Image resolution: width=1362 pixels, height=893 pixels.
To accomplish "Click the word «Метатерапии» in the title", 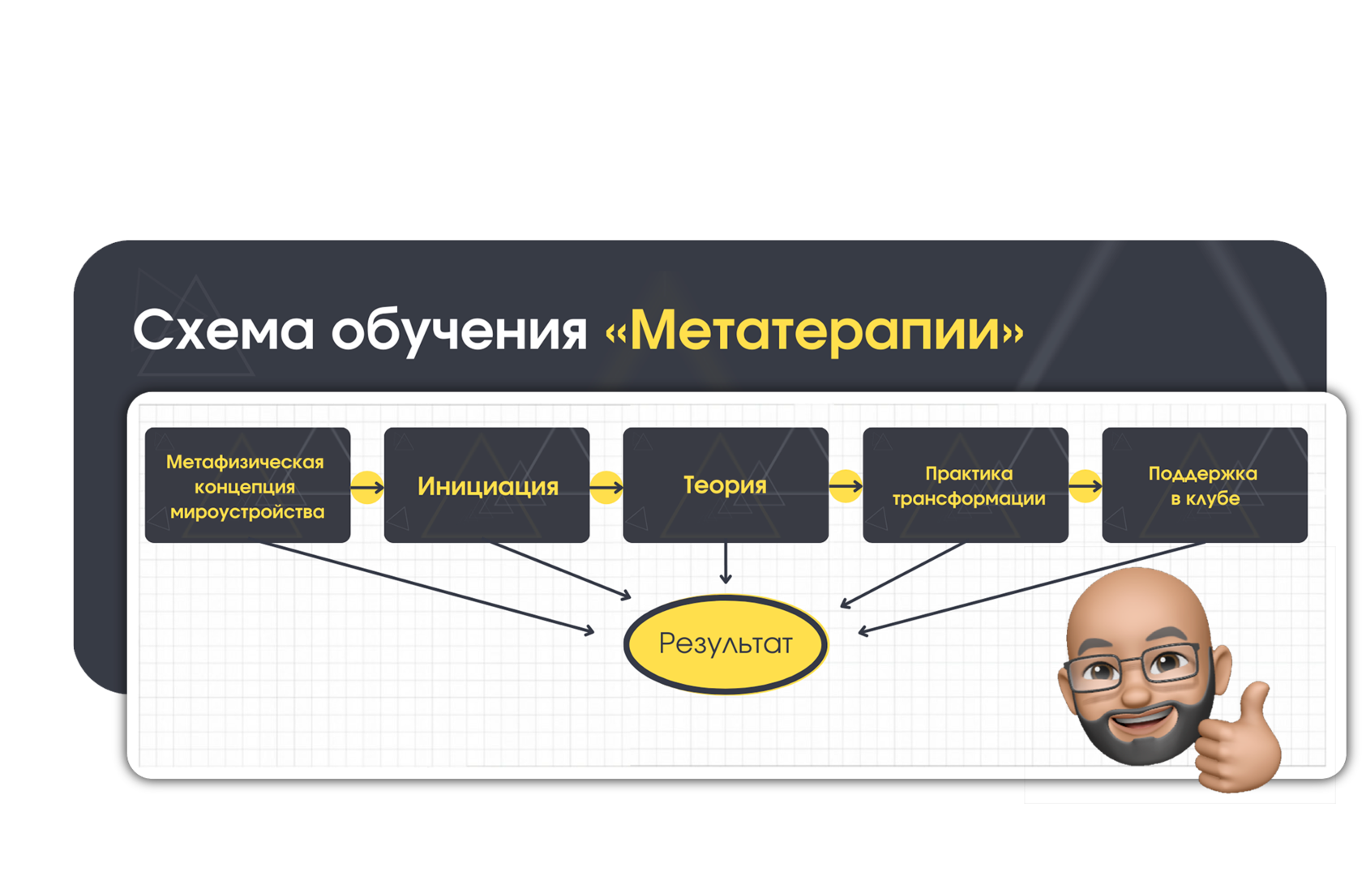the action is (815, 332).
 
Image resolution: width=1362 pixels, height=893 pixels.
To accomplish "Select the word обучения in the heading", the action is (459, 331).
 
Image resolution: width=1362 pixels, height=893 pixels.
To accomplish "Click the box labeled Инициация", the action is (487, 485).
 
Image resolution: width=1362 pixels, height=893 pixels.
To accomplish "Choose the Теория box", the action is (726, 485).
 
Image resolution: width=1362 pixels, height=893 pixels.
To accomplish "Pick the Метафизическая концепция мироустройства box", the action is (247, 485).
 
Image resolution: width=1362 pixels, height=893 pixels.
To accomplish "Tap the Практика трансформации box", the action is (966, 485).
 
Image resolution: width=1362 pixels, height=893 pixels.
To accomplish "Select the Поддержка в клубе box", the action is (1205, 485).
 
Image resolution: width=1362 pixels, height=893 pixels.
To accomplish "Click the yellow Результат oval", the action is (726, 643).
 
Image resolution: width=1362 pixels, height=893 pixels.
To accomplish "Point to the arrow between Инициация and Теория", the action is (606, 487).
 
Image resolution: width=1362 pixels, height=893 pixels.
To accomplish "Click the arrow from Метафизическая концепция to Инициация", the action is (367, 487).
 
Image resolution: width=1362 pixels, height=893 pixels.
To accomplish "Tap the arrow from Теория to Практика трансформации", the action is (846, 485).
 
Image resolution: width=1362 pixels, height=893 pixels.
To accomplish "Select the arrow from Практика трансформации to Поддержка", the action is (1086, 485).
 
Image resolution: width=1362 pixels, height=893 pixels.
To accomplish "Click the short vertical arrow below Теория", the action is (726, 563).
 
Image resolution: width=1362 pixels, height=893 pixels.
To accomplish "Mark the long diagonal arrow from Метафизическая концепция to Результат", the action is (426, 588).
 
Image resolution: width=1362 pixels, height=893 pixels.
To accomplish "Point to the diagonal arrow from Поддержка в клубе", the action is (1031, 588).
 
